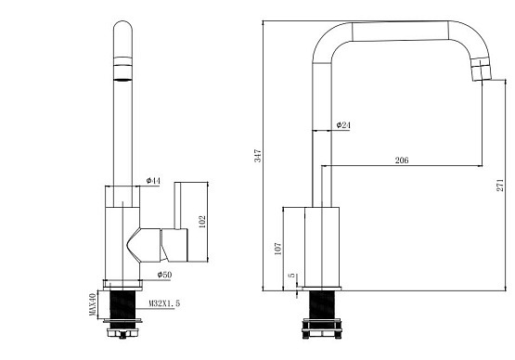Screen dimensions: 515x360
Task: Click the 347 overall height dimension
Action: [x=258, y=156]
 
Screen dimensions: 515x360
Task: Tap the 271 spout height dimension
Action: [x=500, y=186]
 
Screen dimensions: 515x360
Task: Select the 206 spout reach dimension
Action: [x=402, y=161]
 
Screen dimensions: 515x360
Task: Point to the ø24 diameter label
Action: [x=343, y=125]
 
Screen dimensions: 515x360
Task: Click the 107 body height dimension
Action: [x=277, y=249]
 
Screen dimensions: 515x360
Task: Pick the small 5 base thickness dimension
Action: [x=292, y=276]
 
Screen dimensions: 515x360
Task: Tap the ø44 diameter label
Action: [x=153, y=181]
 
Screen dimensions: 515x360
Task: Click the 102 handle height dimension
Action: [x=202, y=222]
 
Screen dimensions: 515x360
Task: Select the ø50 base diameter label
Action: [x=164, y=275]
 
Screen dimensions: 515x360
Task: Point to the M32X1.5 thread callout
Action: [x=164, y=303]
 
